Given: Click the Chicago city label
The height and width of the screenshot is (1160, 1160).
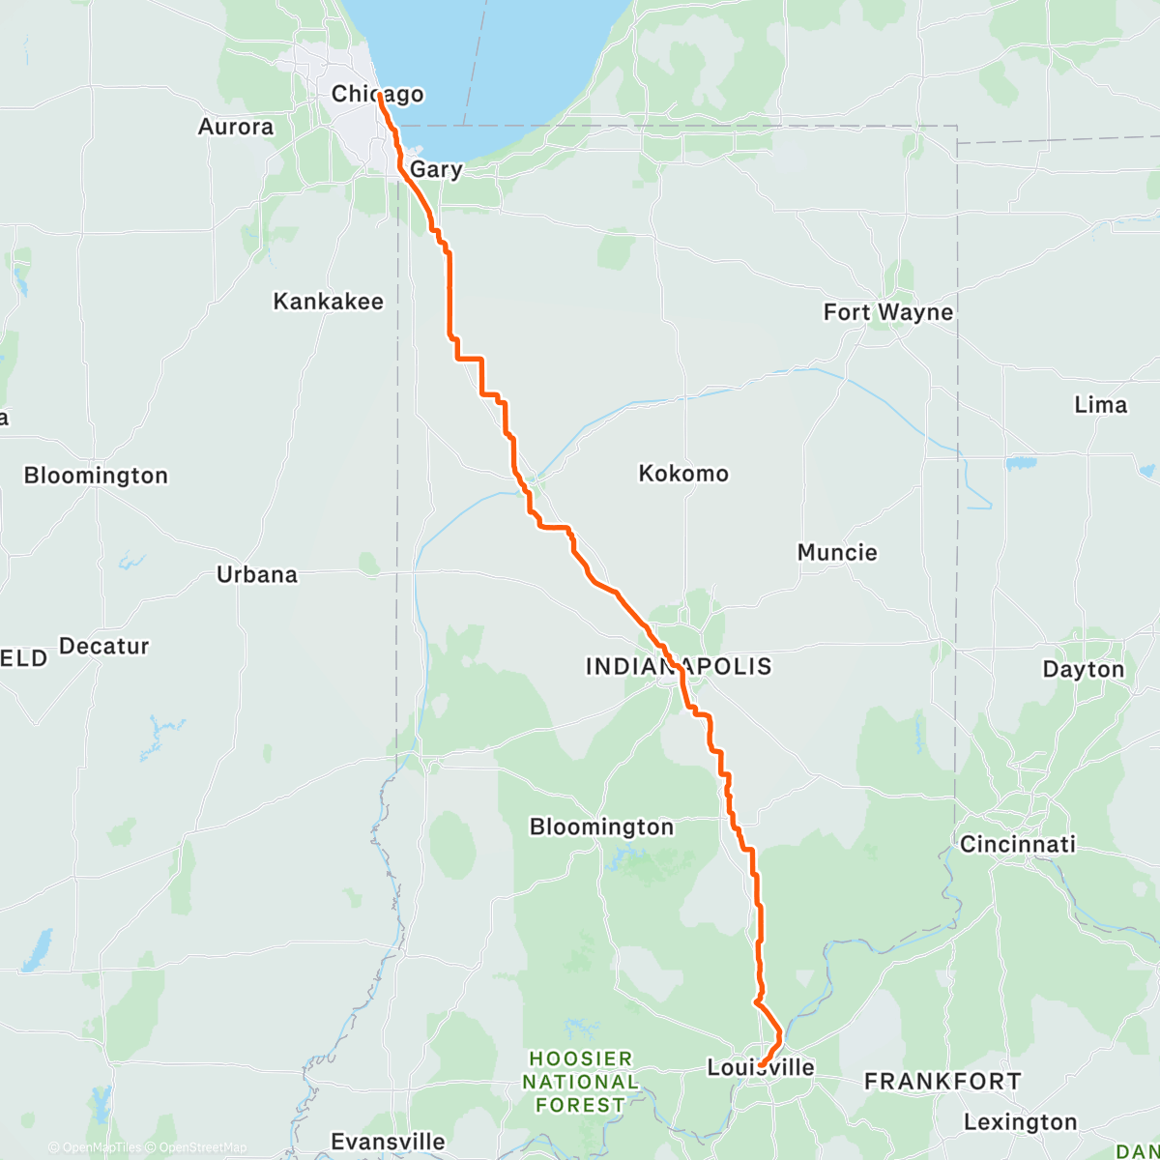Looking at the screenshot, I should click(x=377, y=94).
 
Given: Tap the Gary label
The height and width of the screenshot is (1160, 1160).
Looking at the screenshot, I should click(x=436, y=169).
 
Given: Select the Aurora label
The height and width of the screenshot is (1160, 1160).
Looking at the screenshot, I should click(x=236, y=127).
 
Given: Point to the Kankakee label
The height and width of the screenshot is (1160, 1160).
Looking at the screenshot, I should click(x=329, y=302).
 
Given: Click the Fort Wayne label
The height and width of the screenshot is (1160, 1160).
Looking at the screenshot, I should click(x=887, y=312).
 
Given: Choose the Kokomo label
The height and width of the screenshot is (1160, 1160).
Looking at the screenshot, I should click(x=683, y=474).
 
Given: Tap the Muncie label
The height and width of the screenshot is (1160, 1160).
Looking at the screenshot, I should click(x=837, y=553).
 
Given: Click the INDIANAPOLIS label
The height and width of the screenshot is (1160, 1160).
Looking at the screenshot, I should click(x=679, y=666).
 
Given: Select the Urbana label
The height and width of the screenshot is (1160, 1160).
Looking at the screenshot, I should click(x=257, y=574).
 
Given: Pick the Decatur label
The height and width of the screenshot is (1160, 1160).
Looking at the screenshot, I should click(x=104, y=646).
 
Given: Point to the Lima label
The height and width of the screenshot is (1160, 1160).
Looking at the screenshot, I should click(x=1100, y=405).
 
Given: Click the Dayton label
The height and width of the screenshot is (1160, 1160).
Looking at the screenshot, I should click(x=1083, y=669).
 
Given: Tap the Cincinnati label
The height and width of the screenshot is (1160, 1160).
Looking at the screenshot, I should click(x=1017, y=844).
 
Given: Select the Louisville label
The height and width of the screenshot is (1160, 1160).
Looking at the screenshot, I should click(x=761, y=1067).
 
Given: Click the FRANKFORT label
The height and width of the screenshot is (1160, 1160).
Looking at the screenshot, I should click(x=942, y=1082).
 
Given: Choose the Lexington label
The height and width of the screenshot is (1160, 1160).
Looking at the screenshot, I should click(x=1020, y=1122).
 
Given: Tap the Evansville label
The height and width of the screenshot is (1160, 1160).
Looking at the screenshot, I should click(x=388, y=1142).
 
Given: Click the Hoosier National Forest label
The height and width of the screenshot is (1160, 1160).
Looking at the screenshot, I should click(x=580, y=1082).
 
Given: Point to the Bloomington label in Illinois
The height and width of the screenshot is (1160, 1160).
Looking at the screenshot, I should click(x=96, y=476).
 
